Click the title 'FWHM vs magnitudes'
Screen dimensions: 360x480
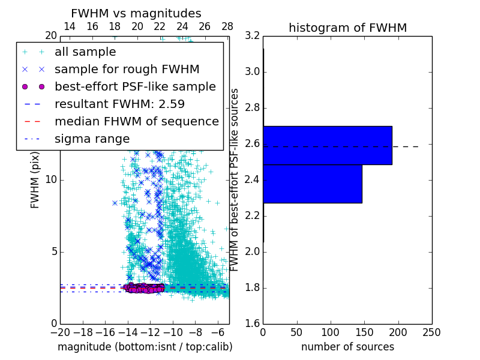point(136,13)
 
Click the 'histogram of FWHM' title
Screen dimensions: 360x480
point(347,28)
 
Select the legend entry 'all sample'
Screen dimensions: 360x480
point(85,52)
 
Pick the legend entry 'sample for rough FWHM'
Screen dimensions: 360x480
point(127,70)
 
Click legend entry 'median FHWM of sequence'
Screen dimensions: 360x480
point(136,121)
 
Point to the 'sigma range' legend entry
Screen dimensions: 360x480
point(92,139)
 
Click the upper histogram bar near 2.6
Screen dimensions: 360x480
point(328,145)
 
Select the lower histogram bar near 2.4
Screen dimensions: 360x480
point(313,184)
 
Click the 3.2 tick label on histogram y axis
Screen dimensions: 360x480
point(253,36)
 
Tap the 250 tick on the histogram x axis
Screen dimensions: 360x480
point(431,332)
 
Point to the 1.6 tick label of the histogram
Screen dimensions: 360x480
point(253,324)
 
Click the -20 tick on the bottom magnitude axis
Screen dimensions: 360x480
point(60,332)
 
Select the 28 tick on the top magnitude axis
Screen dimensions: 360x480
point(227,27)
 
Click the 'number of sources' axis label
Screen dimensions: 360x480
point(347,347)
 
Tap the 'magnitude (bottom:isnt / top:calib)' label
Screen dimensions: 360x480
point(145,347)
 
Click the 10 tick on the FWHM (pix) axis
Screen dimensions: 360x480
point(51,180)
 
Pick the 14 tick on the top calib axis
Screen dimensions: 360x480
point(70,27)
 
